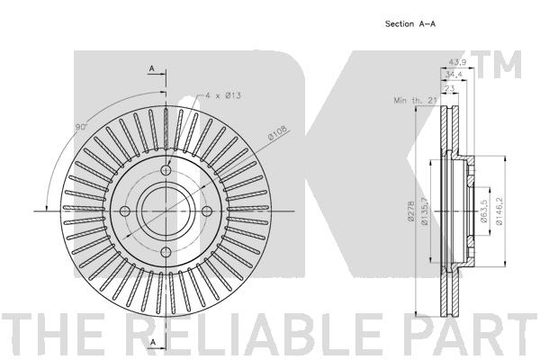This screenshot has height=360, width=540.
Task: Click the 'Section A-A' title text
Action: pos(409,23)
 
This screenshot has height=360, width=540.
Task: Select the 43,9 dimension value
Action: pos(457,62)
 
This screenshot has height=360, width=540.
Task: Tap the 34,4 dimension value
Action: pos(454,75)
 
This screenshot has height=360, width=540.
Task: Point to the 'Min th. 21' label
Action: pos(416,100)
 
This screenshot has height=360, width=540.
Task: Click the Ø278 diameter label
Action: pos(410,211)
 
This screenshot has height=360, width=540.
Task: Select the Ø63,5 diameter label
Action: pos(483,211)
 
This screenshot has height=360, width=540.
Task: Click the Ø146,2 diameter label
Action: pos(499,211)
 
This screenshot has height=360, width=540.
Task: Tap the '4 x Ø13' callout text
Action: pos(223,95)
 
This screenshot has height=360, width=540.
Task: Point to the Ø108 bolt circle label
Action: pos(277,132)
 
